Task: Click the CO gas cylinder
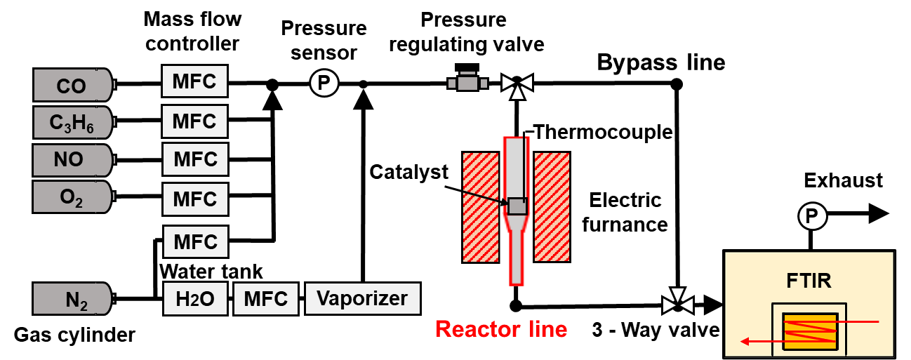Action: click(72, 85)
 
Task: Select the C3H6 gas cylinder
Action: click(72, 123)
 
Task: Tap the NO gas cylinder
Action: click(72, 160)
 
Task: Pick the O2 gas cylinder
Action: click(72, 197)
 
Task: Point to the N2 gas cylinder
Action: click(72, 299)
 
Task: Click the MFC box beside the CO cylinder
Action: click(194, 81)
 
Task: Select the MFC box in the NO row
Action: click(195, 159)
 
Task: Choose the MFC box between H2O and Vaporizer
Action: click(265, 299)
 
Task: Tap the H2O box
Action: click(195, 299)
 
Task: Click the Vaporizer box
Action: click(362, 299)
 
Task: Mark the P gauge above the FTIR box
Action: click(812, 217)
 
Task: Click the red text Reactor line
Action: click(501, 328)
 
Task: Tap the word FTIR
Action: click(809, 281)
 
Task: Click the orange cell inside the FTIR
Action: click(810, 331)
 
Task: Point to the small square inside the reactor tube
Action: click(517, 206)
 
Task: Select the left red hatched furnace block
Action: click(481, 207)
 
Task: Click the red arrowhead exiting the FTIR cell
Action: click(745, 342)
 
